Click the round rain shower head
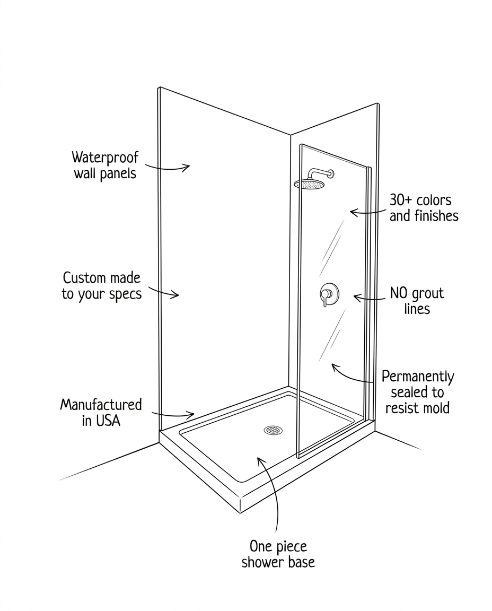[x=309, y=184]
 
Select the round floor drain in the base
[x=272, y=430]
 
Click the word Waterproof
[x=105, y=158]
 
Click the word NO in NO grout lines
[x=399, y=293]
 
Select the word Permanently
[x=418, y=377]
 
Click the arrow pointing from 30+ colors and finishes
[x=367, y=213]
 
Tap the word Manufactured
[x=101, y=405]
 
